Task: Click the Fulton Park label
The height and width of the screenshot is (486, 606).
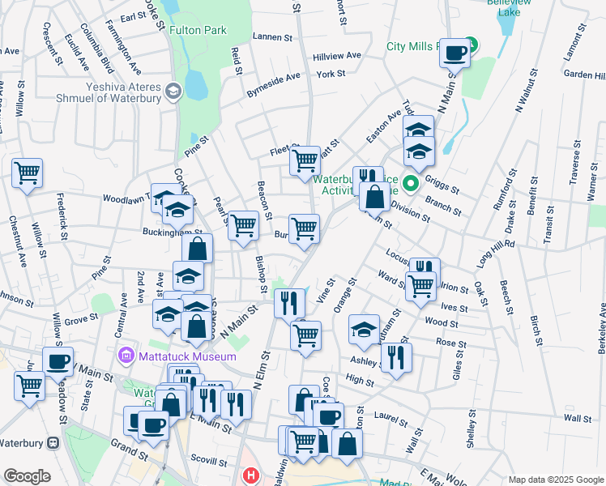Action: pos(198,30)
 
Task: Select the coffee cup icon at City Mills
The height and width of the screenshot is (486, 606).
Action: pos(455,53)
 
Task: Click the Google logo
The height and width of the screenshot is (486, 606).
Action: pos(27,476)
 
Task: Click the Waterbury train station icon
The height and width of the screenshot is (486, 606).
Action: pos(53,443)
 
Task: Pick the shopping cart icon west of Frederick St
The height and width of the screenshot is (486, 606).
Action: pos(27,173)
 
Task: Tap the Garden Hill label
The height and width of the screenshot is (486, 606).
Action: pos(583,75)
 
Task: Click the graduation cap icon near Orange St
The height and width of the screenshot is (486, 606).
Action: pos(365,329)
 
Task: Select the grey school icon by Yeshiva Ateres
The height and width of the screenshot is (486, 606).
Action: pos(172,90)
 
